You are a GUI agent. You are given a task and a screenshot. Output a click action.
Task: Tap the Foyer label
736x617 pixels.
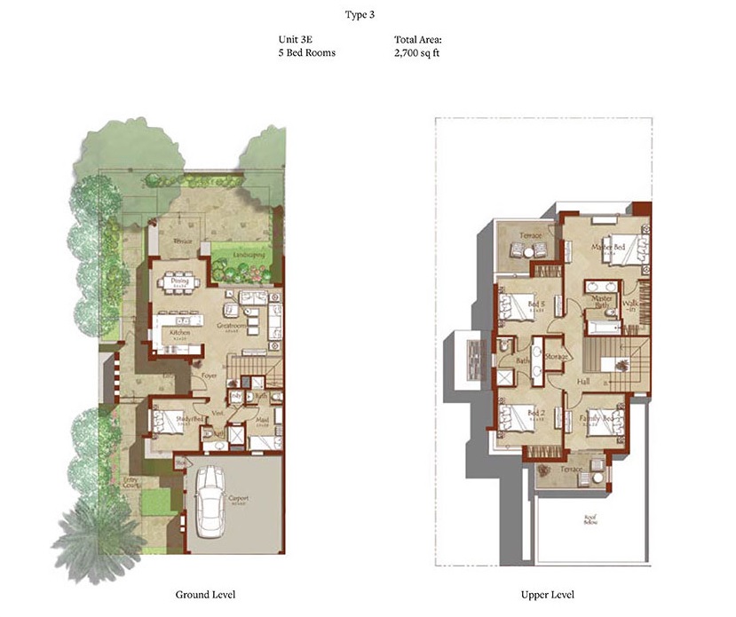[210, 376]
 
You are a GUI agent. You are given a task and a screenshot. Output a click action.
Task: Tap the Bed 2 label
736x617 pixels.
[534, 414]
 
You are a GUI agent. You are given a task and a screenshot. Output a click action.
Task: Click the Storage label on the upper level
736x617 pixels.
[557, 356]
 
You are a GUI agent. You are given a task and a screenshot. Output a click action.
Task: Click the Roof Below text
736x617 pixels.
[589, 520]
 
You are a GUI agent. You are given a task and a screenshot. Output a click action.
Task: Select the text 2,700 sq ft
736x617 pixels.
[418, 53]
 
